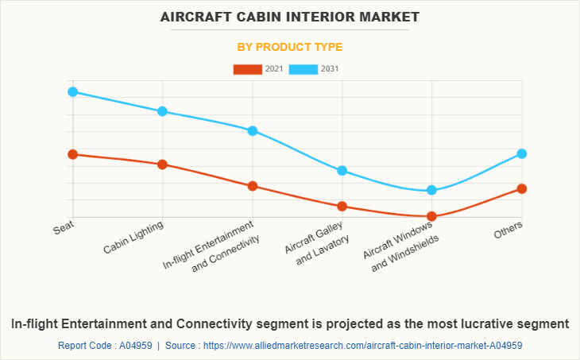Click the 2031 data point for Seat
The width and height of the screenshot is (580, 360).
click(x=72, y=91)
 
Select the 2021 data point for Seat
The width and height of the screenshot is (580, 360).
click(x=72, y=154)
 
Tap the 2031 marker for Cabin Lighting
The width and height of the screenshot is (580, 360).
click(x=162, y=111)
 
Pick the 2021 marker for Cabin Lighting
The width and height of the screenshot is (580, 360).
click(x=162, y=165)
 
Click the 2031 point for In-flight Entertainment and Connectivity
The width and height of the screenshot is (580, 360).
click(x=253, y=130)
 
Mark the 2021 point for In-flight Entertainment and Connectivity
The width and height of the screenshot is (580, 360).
click(x=253, y=186)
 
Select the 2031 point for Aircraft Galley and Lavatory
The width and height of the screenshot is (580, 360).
click(x=342, y=170)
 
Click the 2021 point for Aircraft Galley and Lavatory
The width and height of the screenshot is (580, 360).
click(x=342, y=206)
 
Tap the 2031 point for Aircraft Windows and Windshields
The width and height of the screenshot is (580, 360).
click(x=432, y=190)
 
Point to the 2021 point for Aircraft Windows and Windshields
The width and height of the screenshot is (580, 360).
click(x=432, y=216)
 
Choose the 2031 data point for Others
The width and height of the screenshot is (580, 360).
click(x=522, y=153)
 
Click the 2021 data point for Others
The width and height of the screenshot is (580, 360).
click(x=522, y=188)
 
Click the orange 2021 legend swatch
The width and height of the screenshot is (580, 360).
click(x=247, y=69)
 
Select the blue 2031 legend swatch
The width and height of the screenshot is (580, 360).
click(x=304, y=69)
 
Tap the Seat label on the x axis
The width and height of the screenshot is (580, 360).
click(x=64, y=229)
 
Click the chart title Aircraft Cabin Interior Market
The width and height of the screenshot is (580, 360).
click(x=290, y=17)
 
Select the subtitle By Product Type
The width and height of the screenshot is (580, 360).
click(x=290, y=47)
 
